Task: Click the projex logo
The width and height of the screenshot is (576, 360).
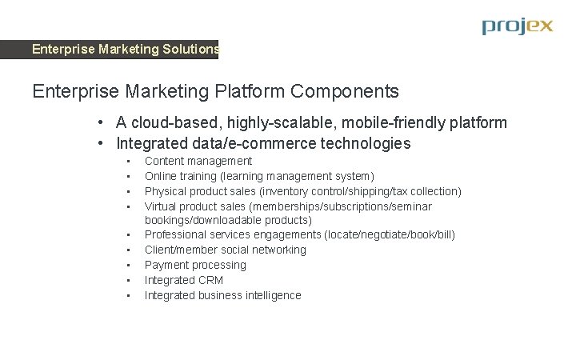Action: [x=517, y=26]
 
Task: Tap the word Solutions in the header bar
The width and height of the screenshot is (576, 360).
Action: [x=190, y=50]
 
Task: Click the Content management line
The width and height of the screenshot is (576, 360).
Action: [x=198, y=161]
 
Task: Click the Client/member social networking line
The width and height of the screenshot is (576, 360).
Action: [x=225, y=250]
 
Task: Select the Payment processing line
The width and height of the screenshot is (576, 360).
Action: [x=195, y=265]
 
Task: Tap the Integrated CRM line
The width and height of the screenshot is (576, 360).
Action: [x=183, y=280]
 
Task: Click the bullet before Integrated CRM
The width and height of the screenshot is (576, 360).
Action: [x=128, y=281]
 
